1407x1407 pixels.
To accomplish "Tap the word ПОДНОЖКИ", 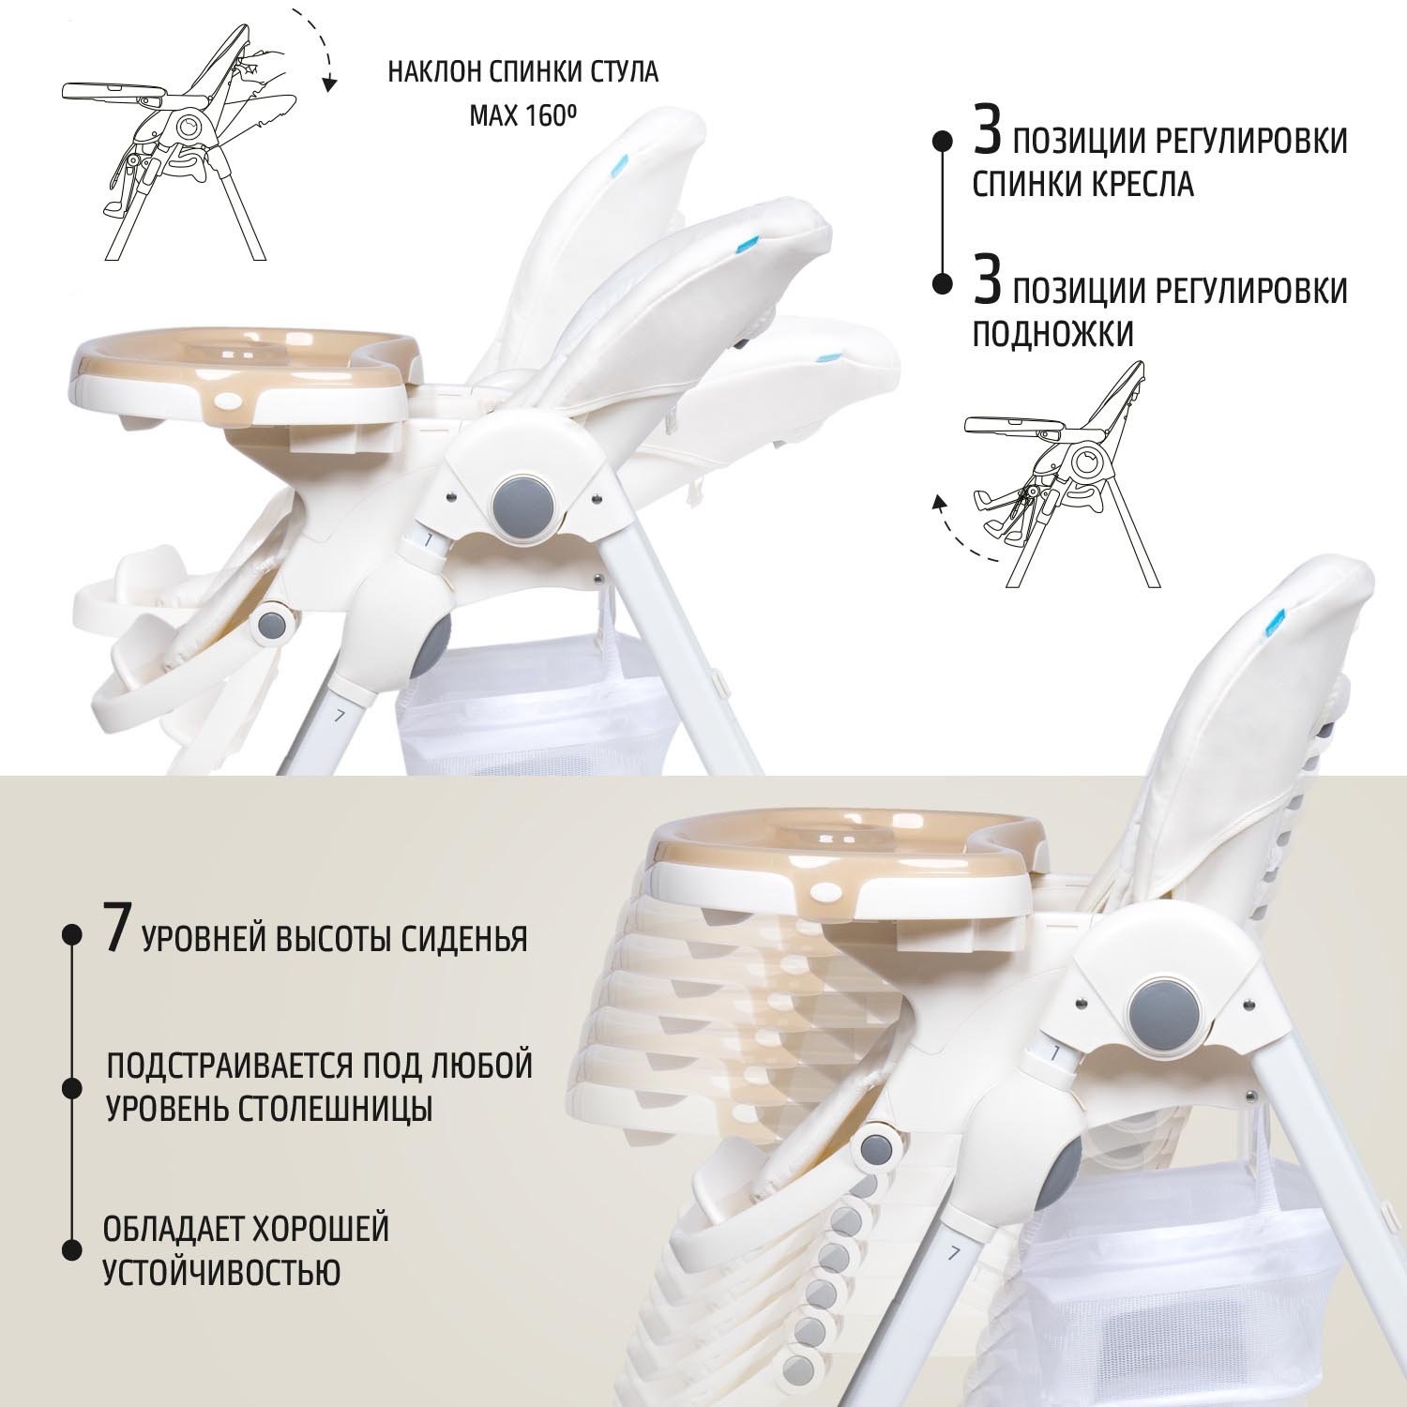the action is [1052, 333].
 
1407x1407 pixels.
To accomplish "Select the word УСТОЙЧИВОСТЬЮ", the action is [221, 1273].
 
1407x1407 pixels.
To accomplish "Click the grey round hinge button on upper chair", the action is [523, 506].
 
